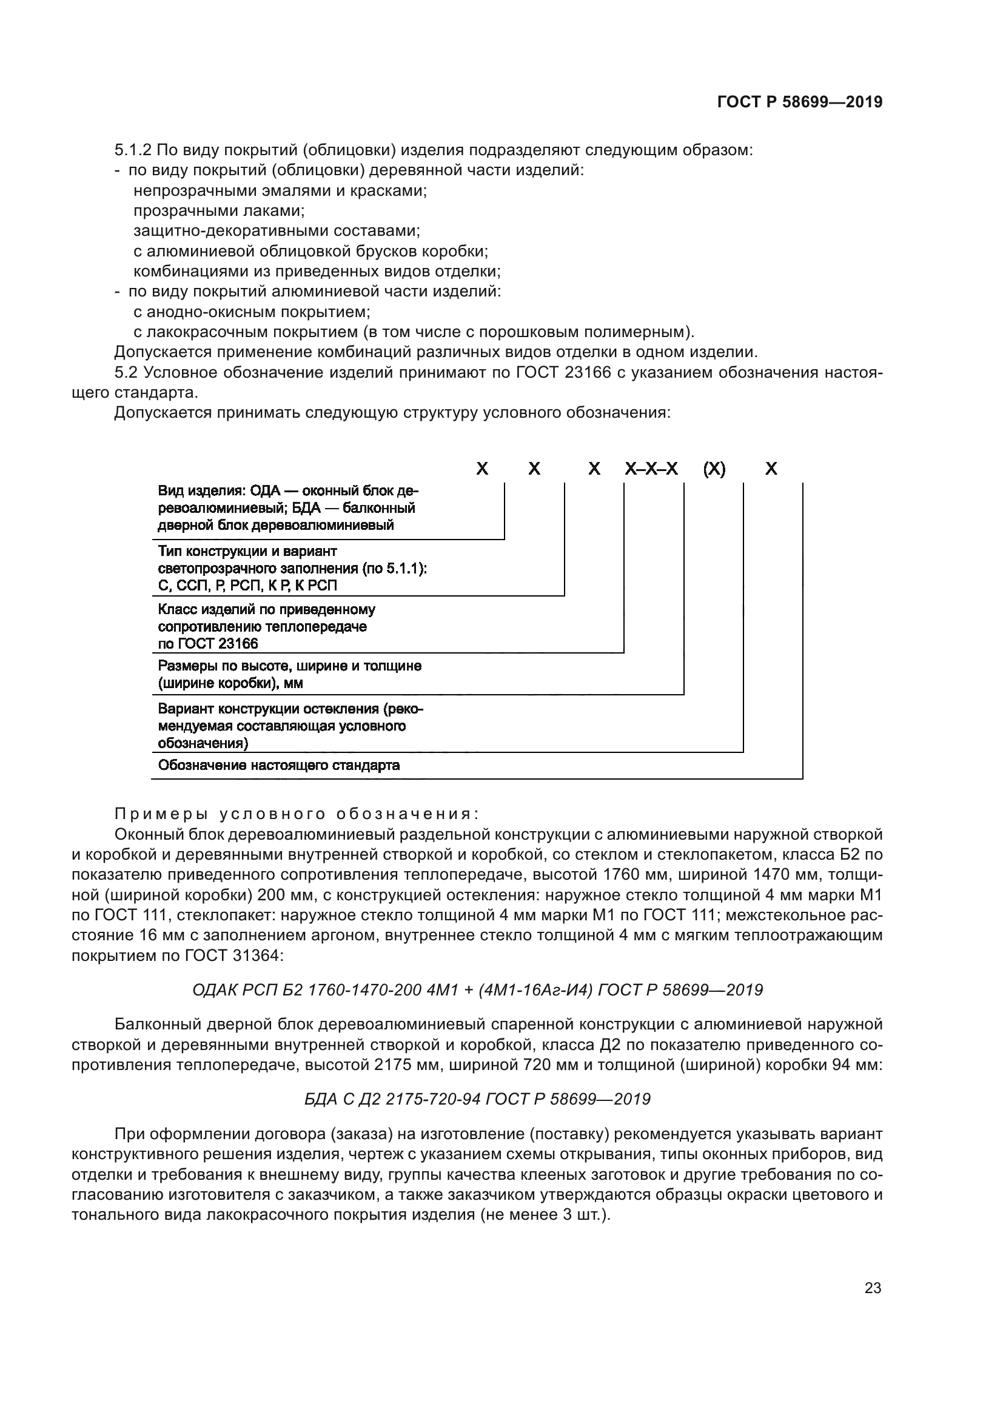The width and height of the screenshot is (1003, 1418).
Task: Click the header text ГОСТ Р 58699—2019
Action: point(800,102)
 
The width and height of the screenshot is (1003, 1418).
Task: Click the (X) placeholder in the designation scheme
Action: point(714,469)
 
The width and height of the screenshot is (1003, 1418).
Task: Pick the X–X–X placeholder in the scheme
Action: point(651,469)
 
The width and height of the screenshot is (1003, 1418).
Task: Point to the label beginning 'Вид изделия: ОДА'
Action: point(288,491)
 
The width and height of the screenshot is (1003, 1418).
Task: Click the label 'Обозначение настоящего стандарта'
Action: point(278,766)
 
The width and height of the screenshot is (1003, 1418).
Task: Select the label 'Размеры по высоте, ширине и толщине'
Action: point(290,666)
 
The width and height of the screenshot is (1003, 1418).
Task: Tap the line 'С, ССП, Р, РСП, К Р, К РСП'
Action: point(247,586)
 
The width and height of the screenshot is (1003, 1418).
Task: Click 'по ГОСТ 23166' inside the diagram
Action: point(208,644)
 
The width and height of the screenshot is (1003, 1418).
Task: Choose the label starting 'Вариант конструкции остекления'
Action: point(290,709)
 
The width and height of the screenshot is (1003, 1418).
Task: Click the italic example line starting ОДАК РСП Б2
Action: point(477,991)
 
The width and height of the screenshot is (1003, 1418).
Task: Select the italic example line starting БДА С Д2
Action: point(477,1099)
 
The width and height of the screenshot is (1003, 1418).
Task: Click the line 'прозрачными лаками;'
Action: point(219,210)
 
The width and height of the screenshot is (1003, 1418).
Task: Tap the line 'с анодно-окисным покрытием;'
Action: point(252,312)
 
